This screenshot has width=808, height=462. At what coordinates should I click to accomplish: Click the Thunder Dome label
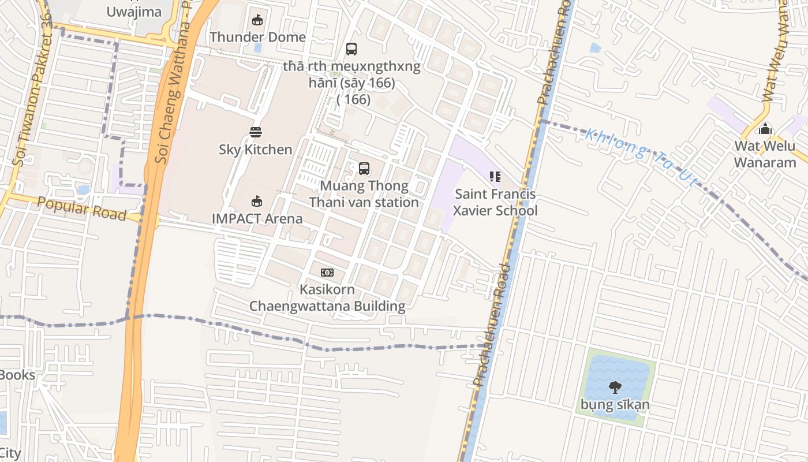(257, 37)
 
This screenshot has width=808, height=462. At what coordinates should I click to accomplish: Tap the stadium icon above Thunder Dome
(257, 20)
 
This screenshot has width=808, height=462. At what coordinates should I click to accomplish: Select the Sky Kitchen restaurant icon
(256, 132)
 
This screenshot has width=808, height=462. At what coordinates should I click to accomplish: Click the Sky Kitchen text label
(255, 150)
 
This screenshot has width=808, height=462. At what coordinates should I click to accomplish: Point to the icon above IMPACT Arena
(257, 202)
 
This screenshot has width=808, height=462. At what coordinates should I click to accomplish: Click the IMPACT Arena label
(257, 218)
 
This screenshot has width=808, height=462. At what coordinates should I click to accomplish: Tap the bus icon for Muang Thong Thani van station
(364, 169)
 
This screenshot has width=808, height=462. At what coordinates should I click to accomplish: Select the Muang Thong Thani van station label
(364, 194)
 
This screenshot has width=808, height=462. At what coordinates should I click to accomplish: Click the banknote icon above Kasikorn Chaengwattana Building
(327, 272)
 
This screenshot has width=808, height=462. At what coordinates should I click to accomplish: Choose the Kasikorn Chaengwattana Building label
(327, 297)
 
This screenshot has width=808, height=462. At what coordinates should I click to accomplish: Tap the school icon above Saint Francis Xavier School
(495, 177)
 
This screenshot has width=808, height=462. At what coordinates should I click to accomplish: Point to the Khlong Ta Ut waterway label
(641, 157)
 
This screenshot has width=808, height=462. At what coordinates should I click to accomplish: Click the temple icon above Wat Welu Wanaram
(765, 128)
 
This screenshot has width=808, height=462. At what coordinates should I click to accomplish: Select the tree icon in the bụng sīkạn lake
(615, 387)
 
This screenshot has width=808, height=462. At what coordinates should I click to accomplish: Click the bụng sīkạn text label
(615, 404)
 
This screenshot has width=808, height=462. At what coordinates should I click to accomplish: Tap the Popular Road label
(81, 208)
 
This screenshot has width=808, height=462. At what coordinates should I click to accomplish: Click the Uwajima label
(134, 12)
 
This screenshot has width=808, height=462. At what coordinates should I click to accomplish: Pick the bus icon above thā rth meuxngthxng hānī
(351, 49)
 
